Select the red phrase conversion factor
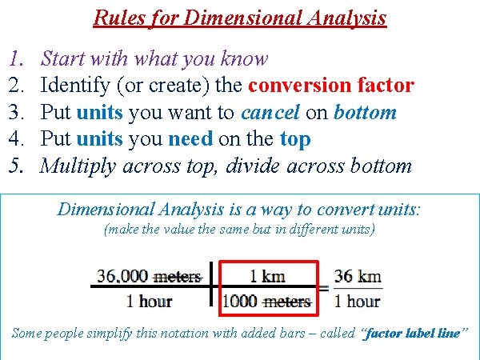[x=331, y=85]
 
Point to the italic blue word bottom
[x=364, y=112]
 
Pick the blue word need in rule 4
[x=190, y=139]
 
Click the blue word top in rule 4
[x=295, y=139]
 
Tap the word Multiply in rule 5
[x=77, y=166]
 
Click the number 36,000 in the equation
[x=122, y=277]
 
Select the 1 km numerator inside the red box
[x=266, y=277]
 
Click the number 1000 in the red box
[x=239, y=302]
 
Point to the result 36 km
[x=357, y=277]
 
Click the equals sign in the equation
[x=324, y=290]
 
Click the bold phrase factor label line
[x=412, y=333]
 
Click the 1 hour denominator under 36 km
[x=357, y=302]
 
